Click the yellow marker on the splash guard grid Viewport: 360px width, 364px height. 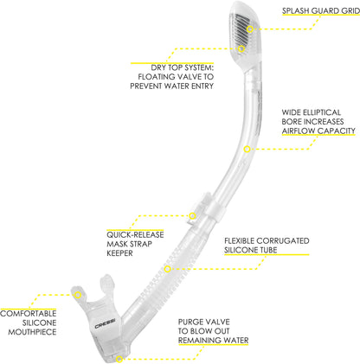pos(250,29)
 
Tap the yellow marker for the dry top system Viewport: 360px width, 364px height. pos(241,48)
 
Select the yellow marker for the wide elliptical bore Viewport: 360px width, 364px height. pos(247,149)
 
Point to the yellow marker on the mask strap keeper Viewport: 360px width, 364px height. pos(192,215)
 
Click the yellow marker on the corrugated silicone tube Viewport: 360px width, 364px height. pos(168,269)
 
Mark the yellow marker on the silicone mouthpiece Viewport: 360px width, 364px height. pos(78,295)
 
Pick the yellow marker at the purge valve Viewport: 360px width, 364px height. pos(119,359)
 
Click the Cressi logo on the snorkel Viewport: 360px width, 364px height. pos(106,326)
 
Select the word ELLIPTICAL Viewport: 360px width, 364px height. pos(322,112)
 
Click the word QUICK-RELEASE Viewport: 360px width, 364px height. pos(135,234)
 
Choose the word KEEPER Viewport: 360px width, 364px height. pos(119,253)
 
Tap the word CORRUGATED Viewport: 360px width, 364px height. pos(283,240)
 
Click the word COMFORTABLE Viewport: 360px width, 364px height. pos(29,313)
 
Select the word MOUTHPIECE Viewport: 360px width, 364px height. pos(32,332)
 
